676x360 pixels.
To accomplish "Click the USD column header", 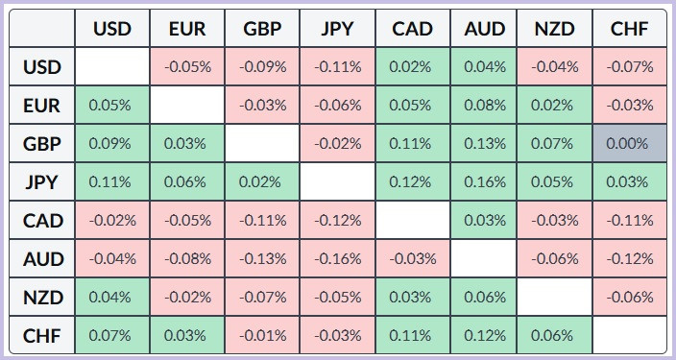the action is [x=112, y=29].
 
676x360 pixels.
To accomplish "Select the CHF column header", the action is [x=630, y=29].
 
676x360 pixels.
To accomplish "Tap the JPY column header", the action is [x=338, y=29].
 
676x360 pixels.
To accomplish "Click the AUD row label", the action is [x=42, y=258].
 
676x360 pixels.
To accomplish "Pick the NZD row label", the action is [x=42, y=297].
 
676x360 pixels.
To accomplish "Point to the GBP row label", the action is [x=42, y=144].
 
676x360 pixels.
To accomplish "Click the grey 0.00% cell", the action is [x=630, y=144].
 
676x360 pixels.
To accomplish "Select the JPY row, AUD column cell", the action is [x=484, y=182].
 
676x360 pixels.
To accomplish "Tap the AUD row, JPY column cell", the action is [x=338, y=258].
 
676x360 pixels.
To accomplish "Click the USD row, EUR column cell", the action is [x=187, y=67].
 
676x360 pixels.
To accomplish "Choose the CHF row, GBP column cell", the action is [x=262, y=335].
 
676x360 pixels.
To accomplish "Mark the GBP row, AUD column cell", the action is [x=484, y=144].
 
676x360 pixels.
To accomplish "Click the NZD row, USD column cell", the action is [x=112, y=297].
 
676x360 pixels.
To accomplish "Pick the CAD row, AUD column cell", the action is [x=484, y=220].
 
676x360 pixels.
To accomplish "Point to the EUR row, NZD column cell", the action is [x=554, y=106].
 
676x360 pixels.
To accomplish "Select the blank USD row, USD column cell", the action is [x=112, y=67].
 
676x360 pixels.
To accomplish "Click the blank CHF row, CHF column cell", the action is [x=630, y=335].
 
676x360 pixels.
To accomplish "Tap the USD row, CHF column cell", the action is [x=630, y=67].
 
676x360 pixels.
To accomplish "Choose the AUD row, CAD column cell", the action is [x=413, y=258].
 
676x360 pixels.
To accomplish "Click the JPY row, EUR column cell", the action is [x=187, y=182].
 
